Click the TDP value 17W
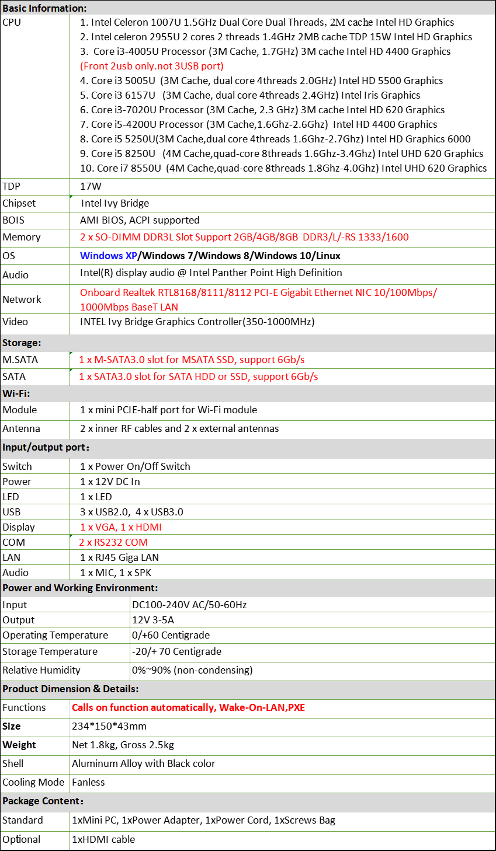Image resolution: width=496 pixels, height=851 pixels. [91, 186]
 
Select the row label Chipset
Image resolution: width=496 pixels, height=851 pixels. [19, 203]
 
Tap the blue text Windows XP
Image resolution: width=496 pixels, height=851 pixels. [109, 256]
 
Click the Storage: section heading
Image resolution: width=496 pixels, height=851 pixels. [22, 343]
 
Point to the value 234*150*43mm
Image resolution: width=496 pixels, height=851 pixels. [109, 726]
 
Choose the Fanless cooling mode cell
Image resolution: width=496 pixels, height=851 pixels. [88, 782]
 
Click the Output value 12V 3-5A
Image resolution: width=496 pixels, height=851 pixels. [153, 620]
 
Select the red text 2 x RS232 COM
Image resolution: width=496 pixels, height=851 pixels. [113, 542]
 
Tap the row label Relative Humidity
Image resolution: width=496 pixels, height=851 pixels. [41, 670]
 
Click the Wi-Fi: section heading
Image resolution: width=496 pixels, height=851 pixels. [16, 393]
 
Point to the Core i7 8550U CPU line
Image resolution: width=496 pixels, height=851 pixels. [283, 168]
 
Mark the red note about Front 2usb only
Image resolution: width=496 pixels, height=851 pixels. [152, 66]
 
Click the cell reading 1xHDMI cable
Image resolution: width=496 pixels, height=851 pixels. [103, 839]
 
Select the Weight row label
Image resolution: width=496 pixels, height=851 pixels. [19, 745]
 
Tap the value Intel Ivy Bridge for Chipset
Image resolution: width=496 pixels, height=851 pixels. [115, 203]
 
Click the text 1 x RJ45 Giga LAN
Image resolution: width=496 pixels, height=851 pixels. [120, 557]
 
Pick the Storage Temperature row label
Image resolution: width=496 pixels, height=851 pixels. [50, 651]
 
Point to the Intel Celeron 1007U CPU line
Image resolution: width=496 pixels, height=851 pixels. [267, 22]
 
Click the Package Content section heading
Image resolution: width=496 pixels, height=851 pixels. [43, 801]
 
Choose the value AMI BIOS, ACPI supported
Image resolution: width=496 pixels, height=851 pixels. [140, 220]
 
